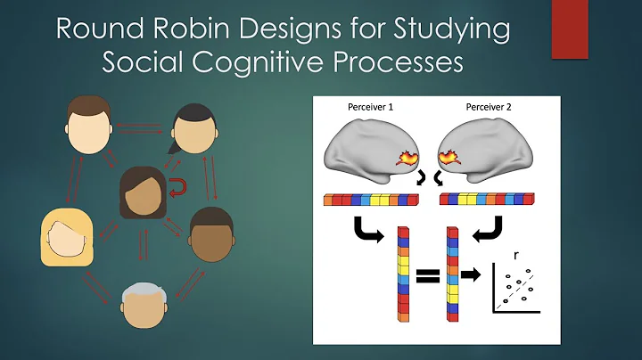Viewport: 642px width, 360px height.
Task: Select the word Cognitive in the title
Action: pyautogui.click(x=270, y=63)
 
